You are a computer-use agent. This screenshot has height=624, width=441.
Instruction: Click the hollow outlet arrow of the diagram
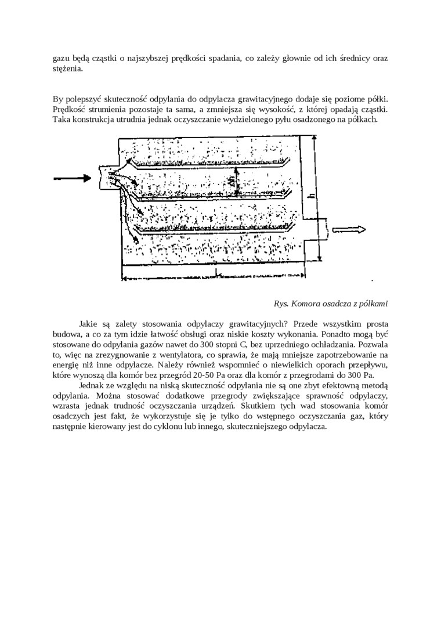click(x=348, y=230)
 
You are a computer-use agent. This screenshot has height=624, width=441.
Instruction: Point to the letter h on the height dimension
click(x=312, y=197)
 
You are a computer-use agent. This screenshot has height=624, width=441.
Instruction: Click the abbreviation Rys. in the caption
click(x=281, y=304)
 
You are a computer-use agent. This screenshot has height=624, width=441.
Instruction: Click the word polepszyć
click(x=85, y=99)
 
